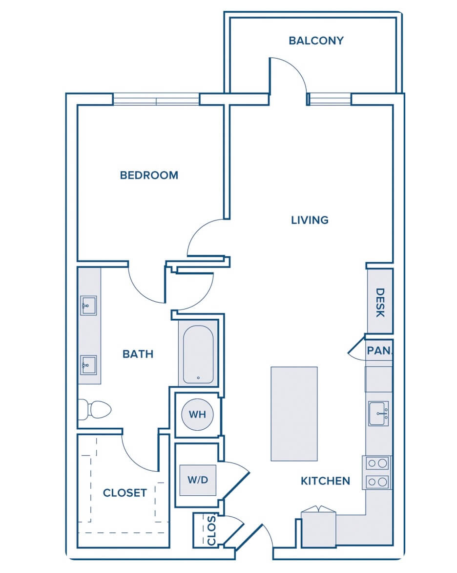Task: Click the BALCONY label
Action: point(316,41)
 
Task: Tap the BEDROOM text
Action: point(149,176)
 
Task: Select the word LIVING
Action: point(310,220)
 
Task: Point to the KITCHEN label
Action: point(325,481)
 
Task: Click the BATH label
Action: point(138,354)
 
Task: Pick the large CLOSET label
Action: point(125,493)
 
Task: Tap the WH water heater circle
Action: point(197,415)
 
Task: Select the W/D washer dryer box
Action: point(198,480)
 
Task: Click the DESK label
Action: point(380,303)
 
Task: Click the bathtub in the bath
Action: point(198,354)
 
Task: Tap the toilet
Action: point(94,410)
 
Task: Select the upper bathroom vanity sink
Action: point(88,306)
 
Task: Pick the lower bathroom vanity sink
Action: point(88,365)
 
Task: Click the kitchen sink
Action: point(378,413)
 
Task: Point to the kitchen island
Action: point(294,414)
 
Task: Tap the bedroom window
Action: point(156,99)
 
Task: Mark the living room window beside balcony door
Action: point(329,99)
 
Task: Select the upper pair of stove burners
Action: point(377,463)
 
